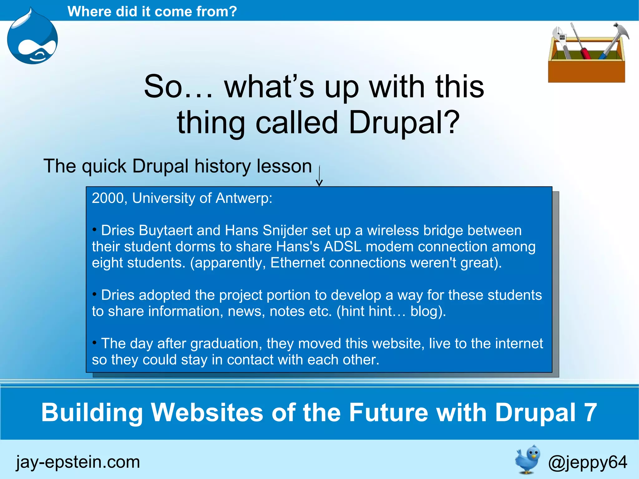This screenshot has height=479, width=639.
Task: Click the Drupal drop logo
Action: pyautogui.click(x=32, y=37)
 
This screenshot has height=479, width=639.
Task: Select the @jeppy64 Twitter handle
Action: pyautogui.click(x=588, y=462)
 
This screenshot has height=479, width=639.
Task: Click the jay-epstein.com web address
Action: pyautogui.click(x=78, y=462)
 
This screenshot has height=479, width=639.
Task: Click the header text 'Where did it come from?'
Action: pyautogui.click(x=152, y=12)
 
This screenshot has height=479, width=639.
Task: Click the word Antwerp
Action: pyautogui.click(x=244, y=198)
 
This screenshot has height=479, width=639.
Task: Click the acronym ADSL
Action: pyautogui.click(x=343, y=247)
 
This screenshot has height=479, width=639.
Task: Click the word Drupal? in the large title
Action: pyautogui.click(x=404, y=123)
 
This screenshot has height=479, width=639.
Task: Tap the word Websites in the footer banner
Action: pyautogui.click(x=207, y=412)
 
